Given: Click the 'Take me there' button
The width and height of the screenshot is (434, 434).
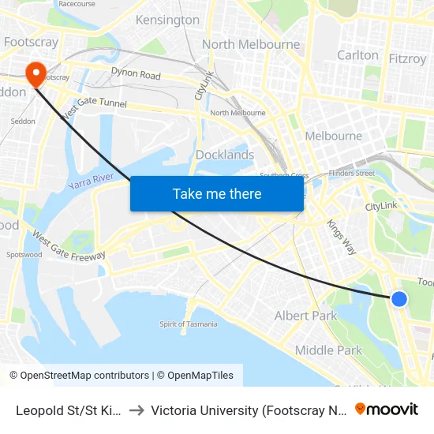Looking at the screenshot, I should click(x=217, y=193).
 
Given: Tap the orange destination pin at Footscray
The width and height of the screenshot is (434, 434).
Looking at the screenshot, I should click(x=36, y=73).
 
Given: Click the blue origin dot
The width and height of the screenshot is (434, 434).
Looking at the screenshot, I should click(x=399, y=299).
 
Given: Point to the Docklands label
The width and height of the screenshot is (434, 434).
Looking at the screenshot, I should click(x=225, y=155).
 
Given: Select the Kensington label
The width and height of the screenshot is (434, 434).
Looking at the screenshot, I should click(x=167, y=20).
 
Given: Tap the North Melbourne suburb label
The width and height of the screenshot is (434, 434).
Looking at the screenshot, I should click(x=251, y=44).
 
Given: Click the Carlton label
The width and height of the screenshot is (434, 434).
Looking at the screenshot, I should click(x=357, y=55).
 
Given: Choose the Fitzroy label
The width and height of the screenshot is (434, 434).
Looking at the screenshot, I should click(x=407, y=58).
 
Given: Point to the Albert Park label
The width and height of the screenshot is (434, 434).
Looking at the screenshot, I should click(x=305, y=316).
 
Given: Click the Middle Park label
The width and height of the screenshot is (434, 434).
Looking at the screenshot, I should click(x=328, y=350).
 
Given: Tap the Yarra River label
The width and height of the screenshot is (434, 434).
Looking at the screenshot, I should click(x=92, y=185).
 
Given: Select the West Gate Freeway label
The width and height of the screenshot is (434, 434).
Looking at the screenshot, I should click(x=69, y=246).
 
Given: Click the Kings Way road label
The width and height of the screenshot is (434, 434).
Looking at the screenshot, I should click(x=342, y=237).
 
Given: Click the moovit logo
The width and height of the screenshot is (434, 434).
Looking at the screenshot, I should click(x=386, y=410).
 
